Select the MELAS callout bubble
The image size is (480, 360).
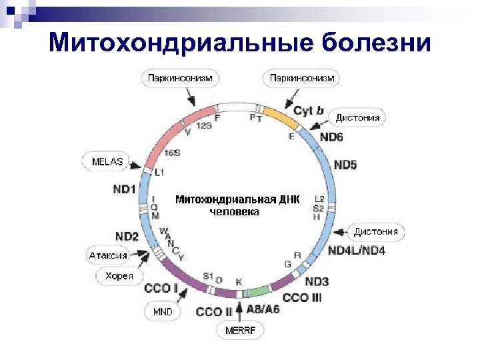click(x=107, y=161)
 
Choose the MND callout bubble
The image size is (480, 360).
click(x=163, y=311)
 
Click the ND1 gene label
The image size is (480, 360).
click(x=125, y=189)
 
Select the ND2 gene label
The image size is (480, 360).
click(x=127, y=237)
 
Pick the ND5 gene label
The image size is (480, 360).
click(x=345, y=164)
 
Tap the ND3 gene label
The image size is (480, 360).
click(x=317, y=281)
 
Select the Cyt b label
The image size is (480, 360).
click(x=309, y=111)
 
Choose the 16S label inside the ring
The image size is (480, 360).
click(x=172, y=153)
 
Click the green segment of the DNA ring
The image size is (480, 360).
click(x=257, y=293)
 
